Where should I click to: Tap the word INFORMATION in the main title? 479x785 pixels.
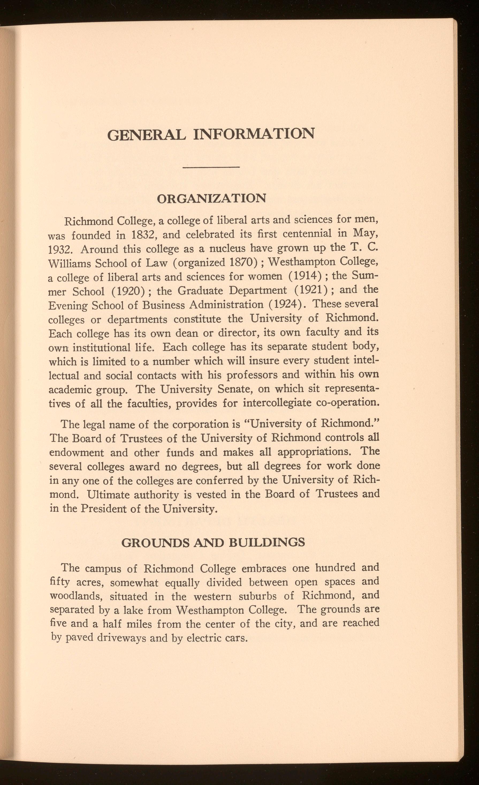click(254, 133)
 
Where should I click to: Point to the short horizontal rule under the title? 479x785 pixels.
click(212, 167)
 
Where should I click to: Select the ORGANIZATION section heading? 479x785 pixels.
click(212, 199)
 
